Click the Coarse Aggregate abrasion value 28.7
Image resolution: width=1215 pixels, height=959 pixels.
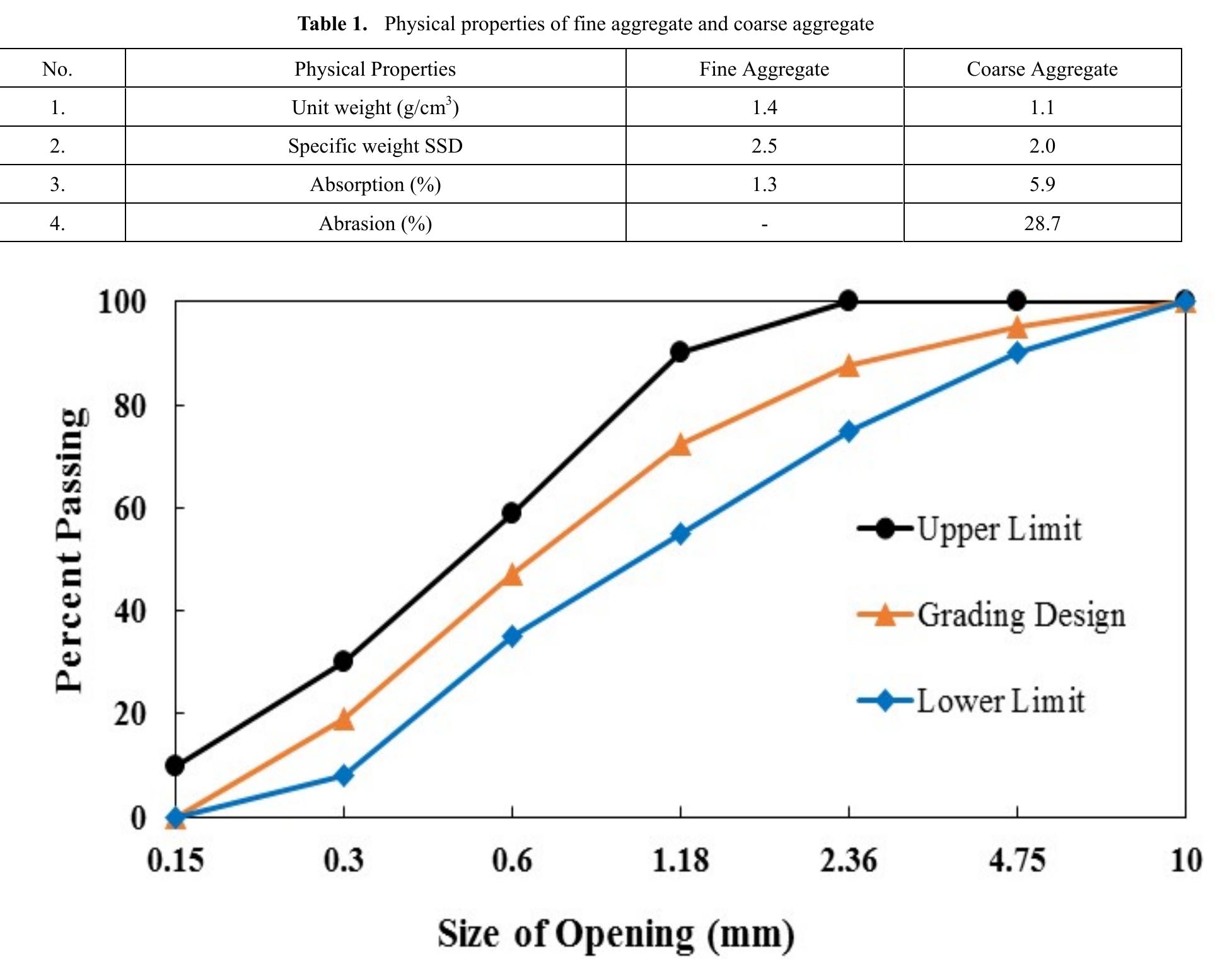[1042, 223]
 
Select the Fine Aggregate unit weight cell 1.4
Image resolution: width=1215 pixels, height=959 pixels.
[764, 107]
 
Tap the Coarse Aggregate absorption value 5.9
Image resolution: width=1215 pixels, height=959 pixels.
[1042, 184]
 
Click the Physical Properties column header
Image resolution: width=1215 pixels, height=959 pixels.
[375, 69]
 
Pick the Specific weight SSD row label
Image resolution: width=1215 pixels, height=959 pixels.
[375, 146]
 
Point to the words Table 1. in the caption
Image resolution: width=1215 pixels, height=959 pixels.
[332, 24]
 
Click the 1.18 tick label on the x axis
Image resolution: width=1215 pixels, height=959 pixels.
[680, 860]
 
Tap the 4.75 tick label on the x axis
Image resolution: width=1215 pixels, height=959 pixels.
[1016, 860]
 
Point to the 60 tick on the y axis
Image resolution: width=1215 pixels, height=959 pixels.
[130, 508]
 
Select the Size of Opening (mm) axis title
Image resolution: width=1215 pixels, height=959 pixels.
[616, 934]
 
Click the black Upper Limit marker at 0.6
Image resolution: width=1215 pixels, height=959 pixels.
[511, 513]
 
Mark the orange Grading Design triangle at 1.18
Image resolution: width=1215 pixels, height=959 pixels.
[680, 445]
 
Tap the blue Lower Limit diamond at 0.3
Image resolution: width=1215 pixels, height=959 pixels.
[344, 775]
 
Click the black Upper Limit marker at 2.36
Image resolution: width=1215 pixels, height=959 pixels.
[849, 301]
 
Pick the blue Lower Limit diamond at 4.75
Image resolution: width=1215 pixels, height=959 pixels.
[1016, 353]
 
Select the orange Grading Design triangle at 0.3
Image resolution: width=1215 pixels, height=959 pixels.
[344, 719]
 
